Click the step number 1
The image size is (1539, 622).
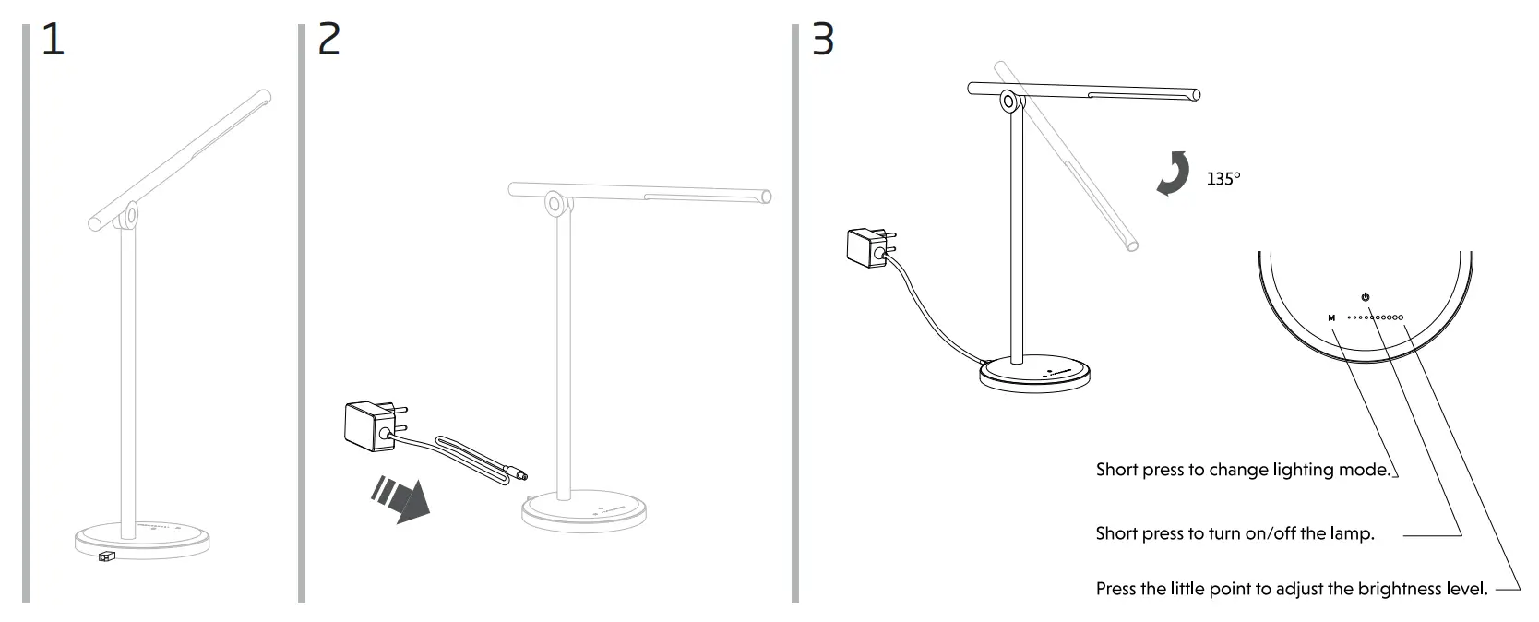[x=54, y=41]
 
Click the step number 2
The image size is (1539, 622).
[x=328, y=41]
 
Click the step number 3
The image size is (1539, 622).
[x=822, y=41]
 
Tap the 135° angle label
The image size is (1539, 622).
[x=1223, y=179]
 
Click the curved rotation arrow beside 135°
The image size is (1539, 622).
[x=1174, y=174]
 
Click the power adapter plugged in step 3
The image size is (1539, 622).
[x=868, y=248]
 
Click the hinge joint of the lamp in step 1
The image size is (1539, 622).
[x=130, y=215]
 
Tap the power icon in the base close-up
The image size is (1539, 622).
[x=1366, y=297]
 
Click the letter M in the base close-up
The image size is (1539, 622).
[x=1331, y=318]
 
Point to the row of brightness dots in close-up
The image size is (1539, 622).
[x=1376, y=317]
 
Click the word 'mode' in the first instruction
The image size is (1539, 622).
[x=1366, y=470]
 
